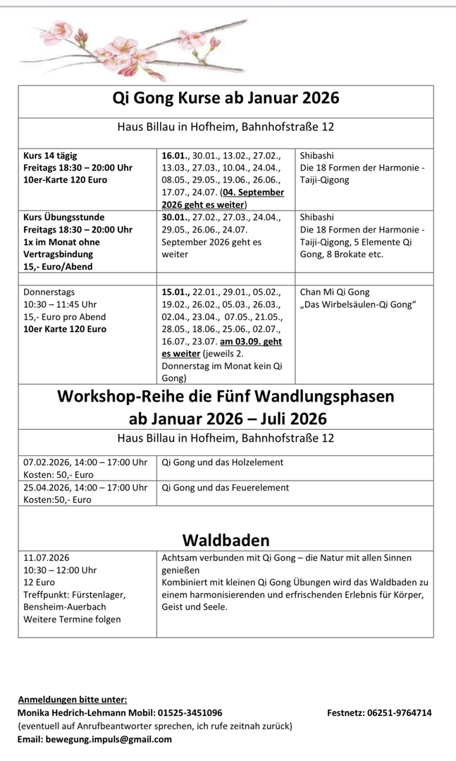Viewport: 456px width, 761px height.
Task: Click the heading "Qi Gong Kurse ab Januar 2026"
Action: (x=226, y=98)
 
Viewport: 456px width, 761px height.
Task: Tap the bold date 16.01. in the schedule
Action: (x=175, y=155)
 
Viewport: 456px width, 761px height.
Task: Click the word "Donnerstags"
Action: (x=49, y=292)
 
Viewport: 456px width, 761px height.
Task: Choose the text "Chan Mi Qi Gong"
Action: (x=334, y=292)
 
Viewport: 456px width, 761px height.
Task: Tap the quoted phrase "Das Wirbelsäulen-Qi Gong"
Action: (x=358, y=304)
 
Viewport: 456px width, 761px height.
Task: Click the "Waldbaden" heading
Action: (x=226, y=540)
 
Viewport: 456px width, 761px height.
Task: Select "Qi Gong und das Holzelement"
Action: (x=223, y=462)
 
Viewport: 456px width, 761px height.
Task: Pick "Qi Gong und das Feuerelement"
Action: (x=225, y=487)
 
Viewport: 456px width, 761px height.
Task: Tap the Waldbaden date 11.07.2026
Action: (x=47, y=557)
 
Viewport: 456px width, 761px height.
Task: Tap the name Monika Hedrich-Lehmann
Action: (x=71, y=712)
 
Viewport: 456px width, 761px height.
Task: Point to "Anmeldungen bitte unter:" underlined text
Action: (x=73, y=699)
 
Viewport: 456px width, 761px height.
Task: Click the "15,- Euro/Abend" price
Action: (x=58, y=266)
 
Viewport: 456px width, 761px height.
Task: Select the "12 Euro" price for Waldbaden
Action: (x=39, y=582)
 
